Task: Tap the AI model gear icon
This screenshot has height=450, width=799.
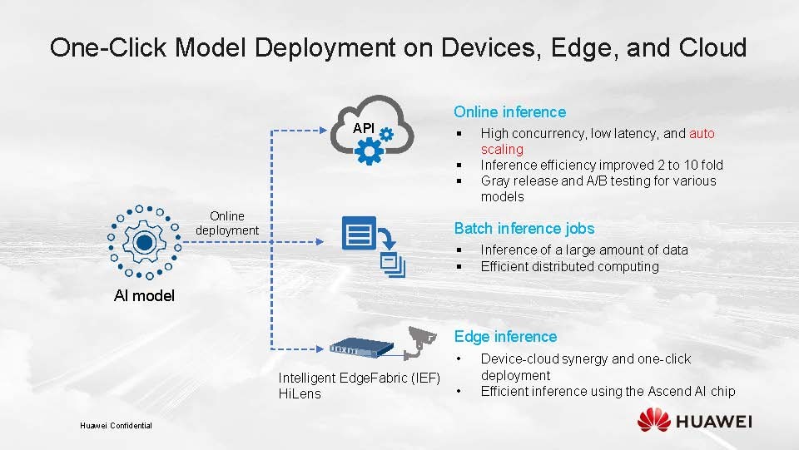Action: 144,241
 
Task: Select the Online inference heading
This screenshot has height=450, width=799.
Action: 509,111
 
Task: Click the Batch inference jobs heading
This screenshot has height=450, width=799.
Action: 524,228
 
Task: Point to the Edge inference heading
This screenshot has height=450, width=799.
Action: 505,336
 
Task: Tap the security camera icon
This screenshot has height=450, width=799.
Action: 423,341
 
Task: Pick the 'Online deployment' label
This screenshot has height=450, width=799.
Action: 227,223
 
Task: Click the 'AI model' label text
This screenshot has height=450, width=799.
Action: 144,295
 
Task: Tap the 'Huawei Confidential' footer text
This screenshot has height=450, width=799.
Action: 116,426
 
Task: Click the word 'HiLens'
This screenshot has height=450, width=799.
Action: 299,393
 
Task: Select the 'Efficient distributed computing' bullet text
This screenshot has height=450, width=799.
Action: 569,266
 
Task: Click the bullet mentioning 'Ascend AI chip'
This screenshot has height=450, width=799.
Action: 608,391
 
